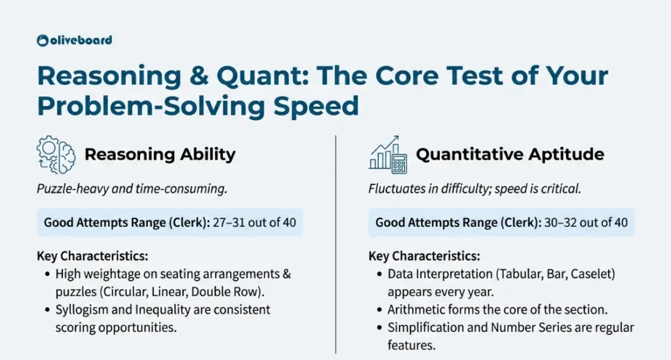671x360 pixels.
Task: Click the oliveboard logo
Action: point(75,40)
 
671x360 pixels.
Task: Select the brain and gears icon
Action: point(56,155)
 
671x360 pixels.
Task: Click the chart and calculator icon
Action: point(388,155)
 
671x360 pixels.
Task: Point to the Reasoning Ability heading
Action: point(160,154)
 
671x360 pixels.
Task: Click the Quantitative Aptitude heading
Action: point(510,154)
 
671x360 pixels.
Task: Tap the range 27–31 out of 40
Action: point(254,222)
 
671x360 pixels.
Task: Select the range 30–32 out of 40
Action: point(586,222)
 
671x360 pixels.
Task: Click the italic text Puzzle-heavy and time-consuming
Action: point(132,189)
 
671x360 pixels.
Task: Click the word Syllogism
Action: point(82,310)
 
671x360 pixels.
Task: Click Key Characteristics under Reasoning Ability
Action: point(92,256)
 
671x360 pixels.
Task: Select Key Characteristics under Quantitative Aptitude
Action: point(424,256)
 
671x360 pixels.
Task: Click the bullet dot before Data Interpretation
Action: point(379,274)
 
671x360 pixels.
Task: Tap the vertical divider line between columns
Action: point(336,245)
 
